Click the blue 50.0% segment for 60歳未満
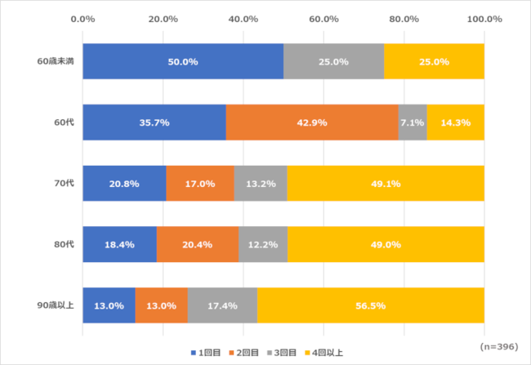click(x=183, y=61)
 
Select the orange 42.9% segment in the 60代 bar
click(x=312, y=122)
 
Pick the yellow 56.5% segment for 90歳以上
click(x=371, y=305)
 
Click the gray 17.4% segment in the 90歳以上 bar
click(x=222, y=305)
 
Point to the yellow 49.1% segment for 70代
click(x=386, y=184)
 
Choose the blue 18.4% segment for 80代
click(x=119, y=244)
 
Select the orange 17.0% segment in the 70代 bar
click(x=200, y=184)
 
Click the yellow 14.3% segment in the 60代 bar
click(x=456, y=122)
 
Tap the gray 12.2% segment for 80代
click(x=262, y=244)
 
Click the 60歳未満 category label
click(x=56, y=61)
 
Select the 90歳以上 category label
click(x=56, y=305)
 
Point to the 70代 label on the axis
click(x=65, y=184)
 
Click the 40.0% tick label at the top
click(x=243, y=18)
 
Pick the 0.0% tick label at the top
click(x=83, y=18)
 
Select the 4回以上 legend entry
click(x=325, y=353)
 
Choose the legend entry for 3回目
click(x=285, y=353)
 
